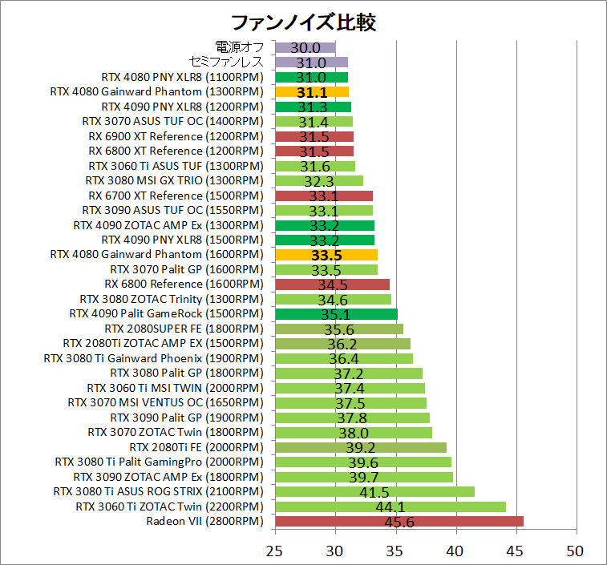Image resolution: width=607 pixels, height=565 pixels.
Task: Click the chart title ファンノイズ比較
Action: coord(302,22)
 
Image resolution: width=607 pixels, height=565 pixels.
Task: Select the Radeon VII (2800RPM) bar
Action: coord(399,521)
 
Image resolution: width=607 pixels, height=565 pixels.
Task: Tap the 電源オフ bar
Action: coord(305,47)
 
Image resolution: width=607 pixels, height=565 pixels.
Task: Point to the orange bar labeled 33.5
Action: coord(326,255)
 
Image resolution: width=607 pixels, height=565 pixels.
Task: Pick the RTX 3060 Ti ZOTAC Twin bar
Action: coord(390,506)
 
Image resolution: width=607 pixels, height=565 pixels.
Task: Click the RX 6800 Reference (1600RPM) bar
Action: coord(332,285)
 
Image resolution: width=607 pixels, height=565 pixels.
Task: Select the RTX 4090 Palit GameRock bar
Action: coord(335,314)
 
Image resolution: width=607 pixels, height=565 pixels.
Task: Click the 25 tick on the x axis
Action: coord(275,551)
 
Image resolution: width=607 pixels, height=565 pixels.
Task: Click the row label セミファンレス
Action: coord(226,63)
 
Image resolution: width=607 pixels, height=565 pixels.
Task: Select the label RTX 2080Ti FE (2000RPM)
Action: coord(196,447)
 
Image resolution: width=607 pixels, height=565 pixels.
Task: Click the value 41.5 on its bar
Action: coord(374,492)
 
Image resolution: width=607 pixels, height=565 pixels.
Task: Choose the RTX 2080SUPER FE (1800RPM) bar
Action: coord(338,329)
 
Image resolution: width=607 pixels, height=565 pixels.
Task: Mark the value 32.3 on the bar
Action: coord(319,181)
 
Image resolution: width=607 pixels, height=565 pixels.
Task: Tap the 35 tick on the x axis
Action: coord(396,551)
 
